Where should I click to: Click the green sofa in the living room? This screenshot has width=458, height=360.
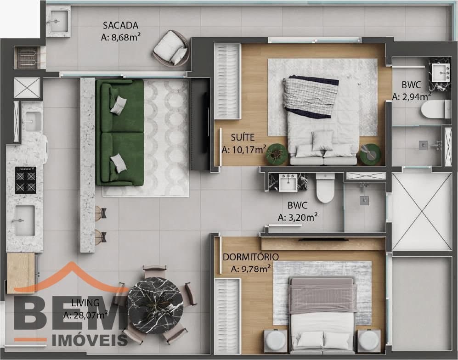coord(120,133)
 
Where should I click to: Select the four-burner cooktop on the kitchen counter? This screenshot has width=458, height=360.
coord(25,180)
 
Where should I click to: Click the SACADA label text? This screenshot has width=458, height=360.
coord(121,25)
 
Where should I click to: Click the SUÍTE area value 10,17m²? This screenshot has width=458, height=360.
coord(244,150)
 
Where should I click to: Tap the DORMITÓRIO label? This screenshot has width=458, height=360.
coord(251,257)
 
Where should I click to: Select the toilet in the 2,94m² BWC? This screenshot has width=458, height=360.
coord(432,109)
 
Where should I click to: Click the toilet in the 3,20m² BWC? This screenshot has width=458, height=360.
coord(325,188)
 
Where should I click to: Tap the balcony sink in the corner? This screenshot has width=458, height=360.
coord(58,21)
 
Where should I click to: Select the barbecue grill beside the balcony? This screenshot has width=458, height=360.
coord(27,57)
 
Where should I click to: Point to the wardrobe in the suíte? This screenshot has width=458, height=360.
coord(227,81)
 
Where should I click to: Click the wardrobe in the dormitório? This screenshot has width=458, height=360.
coord(227,316)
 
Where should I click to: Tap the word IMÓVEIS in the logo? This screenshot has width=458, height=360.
coord(90,340)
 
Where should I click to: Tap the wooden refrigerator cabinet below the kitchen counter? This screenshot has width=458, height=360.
coord(21,273)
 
